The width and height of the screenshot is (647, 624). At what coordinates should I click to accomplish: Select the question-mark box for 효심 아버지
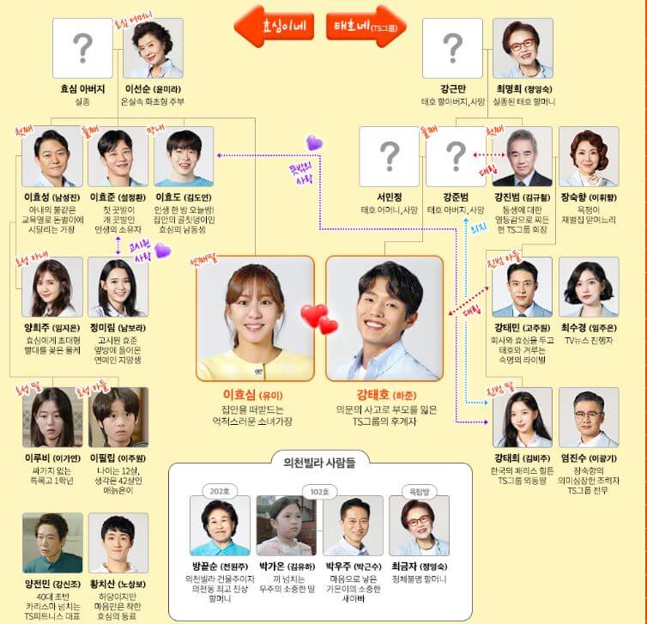click(x=82, y=48)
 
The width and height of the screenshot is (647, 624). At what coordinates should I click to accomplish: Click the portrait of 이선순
click(x=152, y=48)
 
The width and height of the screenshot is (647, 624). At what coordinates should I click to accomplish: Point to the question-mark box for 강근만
click(x=451, y=48)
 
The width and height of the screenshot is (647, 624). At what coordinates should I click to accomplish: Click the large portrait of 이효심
click(x=255, y=318)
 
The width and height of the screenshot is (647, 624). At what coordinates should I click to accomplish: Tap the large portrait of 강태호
click(x=384, y=318)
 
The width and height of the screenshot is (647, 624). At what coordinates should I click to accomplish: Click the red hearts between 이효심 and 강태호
click(x=319, y=319)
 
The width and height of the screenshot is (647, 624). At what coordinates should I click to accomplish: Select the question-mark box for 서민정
click(x=389, y=156)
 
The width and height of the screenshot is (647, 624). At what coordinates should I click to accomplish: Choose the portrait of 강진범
click(x=523, y=156)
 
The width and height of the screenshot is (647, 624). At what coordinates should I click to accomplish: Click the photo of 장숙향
click(x=588, y=156)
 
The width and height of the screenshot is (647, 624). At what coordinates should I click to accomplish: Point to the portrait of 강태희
click(x=523, y=417)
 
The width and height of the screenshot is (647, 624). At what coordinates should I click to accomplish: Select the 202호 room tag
click(x=219, y=491)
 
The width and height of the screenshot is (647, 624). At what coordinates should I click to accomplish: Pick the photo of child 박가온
click(x=286, y=525)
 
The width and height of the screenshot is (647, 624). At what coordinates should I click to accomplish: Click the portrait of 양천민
click(x=52, y=542)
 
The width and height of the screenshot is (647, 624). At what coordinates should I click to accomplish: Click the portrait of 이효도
click(x=184, y=157)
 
